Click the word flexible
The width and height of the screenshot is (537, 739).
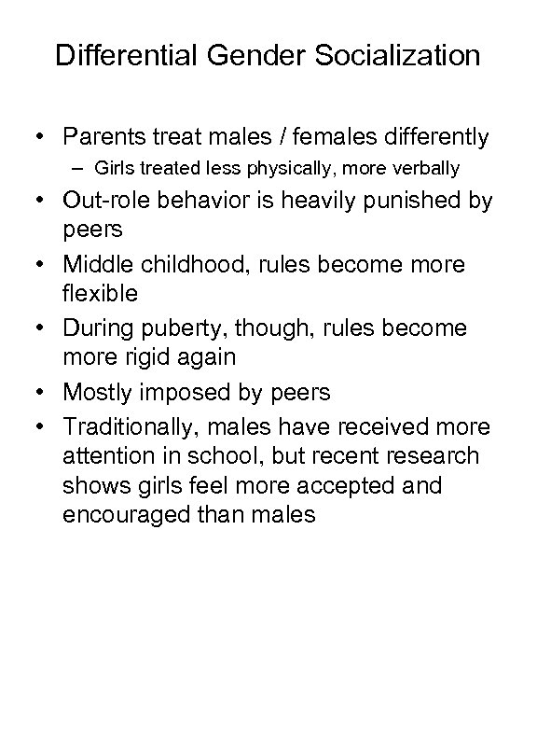pyautogui.click(x=100, y=293)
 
